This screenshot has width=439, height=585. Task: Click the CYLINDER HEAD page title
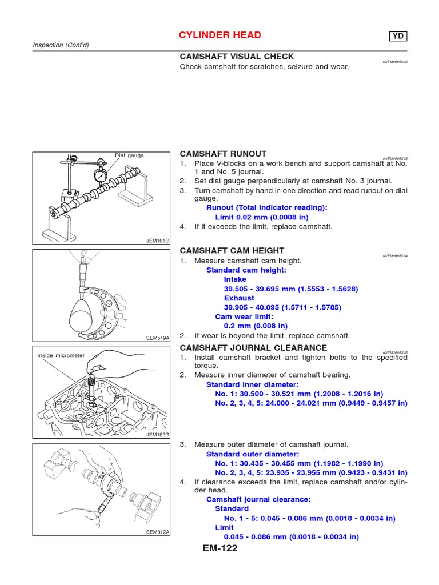tap(220, 35)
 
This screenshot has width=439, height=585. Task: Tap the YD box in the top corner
tap(399, 37)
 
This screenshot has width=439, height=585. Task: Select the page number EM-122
tap(219, 548)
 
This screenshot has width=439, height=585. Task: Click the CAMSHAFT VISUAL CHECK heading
tap(237, 57)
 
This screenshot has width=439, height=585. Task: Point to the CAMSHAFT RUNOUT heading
tap(223, 154)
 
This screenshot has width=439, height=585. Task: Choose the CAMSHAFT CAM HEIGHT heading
tap(232, 251)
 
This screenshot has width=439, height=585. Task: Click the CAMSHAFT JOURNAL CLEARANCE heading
tap(253, 347)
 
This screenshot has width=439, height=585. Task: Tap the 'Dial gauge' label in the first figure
tap(129, 155)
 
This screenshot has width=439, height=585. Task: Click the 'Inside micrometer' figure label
tap(61, 355)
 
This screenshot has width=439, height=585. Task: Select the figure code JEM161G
tap(158, 241)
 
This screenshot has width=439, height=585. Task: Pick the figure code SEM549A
tap(158, 338)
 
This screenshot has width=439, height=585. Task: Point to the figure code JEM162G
tap(158, 435)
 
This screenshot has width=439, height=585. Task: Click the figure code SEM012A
tap(158, 532)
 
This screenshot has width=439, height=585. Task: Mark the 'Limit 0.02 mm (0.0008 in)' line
tap(261, 217)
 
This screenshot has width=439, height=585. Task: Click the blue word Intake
tap(235, 279)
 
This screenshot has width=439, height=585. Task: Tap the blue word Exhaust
tap(239, 298)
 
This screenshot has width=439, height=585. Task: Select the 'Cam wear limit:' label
tap(244, 316)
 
